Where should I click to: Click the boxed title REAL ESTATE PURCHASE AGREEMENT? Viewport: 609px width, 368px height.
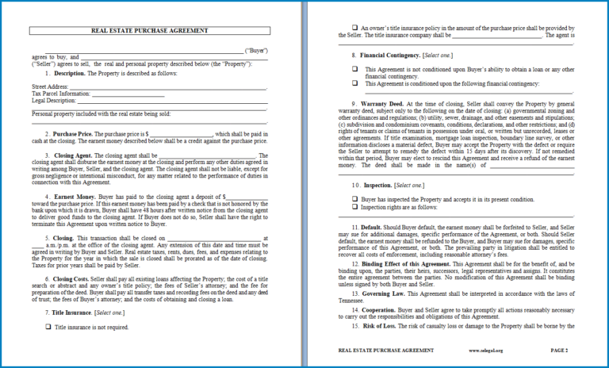(150, 31)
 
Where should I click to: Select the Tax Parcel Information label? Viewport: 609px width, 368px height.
(60, 94)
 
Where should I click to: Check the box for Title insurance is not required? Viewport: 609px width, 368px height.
(48, 326)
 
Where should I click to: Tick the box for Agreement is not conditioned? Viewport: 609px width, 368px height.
(355, 69)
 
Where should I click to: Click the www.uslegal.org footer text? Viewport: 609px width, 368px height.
(483, 350)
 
